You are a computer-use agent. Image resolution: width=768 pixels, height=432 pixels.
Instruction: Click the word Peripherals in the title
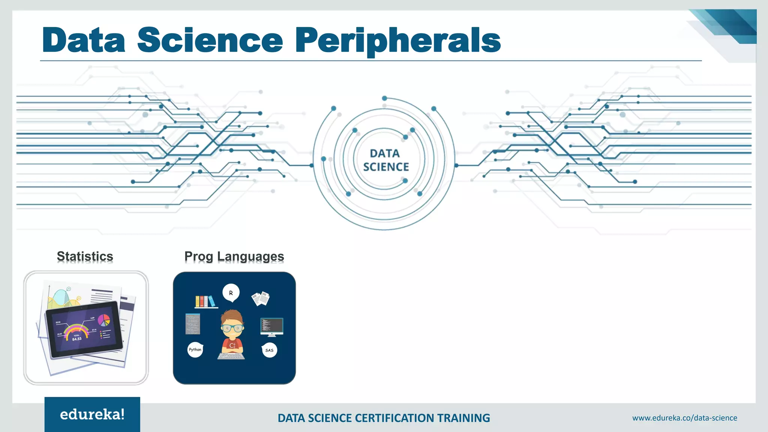[398, 40]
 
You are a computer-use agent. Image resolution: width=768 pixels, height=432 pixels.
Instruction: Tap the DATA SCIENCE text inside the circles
[385, 160]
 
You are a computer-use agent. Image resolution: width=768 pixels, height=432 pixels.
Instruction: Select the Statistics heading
[85, 256]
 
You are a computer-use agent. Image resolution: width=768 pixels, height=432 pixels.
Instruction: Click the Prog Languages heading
[234, 256]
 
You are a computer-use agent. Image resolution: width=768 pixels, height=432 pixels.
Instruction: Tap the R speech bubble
[231, 293]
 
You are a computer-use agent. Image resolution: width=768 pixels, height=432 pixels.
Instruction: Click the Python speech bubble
[195, 349]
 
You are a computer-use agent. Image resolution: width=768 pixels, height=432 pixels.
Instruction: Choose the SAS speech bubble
[269, 350]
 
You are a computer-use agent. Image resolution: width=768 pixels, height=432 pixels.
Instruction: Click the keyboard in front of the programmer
[231, 355]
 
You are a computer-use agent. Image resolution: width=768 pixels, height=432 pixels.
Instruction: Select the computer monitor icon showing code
[271, 326]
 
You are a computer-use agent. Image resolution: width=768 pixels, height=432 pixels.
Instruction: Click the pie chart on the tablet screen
[104, 320]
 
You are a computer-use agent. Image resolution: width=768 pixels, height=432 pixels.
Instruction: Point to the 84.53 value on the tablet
[77, 339]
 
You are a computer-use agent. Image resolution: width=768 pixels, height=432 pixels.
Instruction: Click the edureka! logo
[92, 414]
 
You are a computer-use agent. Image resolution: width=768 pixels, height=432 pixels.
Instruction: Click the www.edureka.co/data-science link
[684, 418]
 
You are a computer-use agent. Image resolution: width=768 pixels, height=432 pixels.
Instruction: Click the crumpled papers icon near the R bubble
[261, 298]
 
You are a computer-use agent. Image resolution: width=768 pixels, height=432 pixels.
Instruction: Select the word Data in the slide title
[84, 40]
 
